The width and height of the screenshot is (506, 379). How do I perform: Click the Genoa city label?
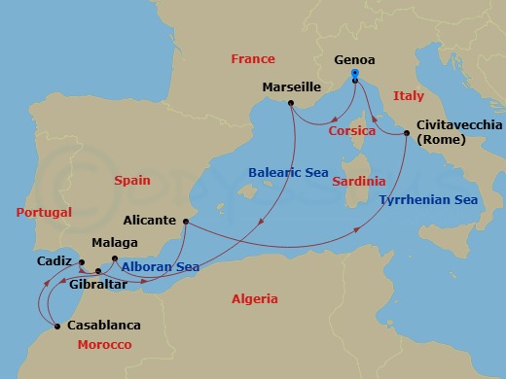[x=355, y=59]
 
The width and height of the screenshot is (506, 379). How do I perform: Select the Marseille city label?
[x=291, y=87]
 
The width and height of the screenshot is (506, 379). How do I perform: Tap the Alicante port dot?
[x=183, y=222]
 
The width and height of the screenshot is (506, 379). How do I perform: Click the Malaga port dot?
[x=115, y=258]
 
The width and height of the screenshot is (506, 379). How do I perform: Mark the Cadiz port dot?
[x=83, y=262]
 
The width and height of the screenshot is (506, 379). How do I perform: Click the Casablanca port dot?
[x=59, y=326]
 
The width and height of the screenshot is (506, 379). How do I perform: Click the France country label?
[x=253, y=59]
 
